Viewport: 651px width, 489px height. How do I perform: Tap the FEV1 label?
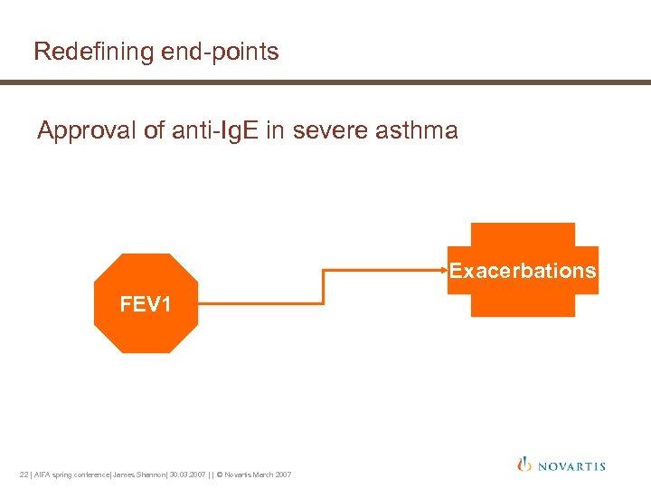146,304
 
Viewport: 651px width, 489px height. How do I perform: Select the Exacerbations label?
523,271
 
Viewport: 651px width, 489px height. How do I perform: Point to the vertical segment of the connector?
324,286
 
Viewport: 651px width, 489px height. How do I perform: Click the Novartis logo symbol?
524,465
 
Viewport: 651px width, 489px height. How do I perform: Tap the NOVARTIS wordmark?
571,466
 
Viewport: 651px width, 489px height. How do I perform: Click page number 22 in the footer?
24,475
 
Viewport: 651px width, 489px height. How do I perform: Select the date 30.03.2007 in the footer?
186,475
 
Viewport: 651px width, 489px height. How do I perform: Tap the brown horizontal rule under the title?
325,82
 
